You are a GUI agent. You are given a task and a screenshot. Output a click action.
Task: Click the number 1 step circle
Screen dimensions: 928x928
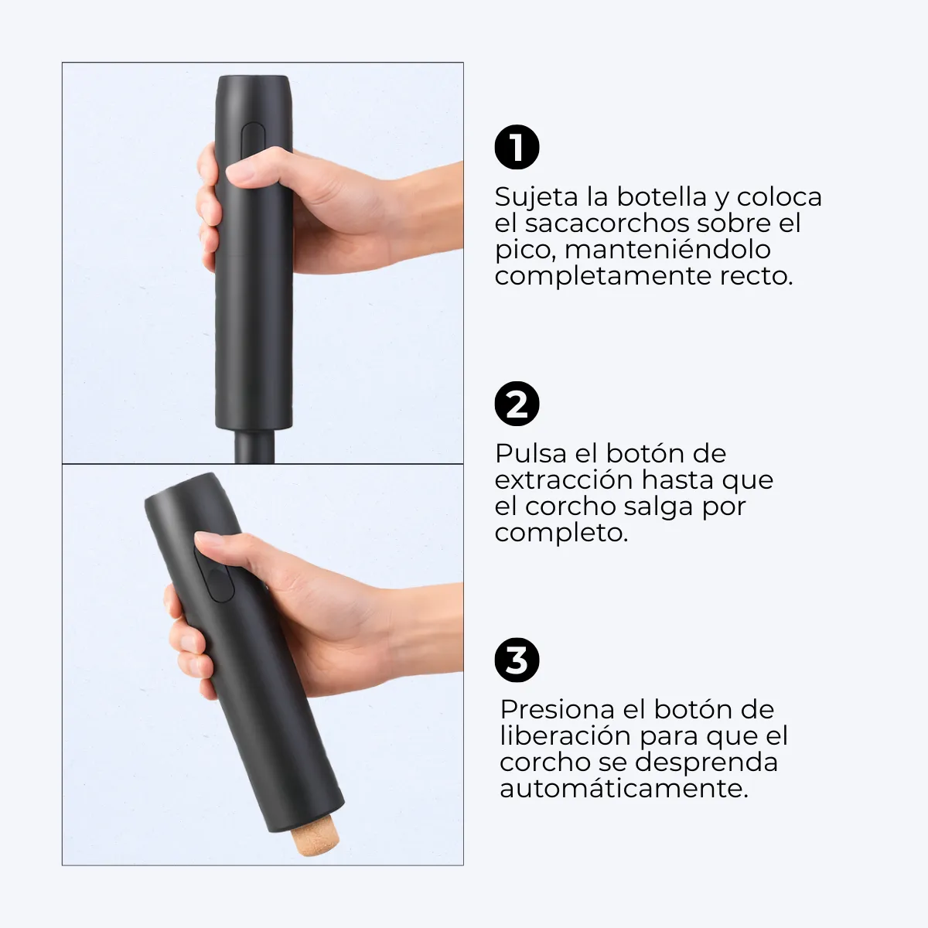517,147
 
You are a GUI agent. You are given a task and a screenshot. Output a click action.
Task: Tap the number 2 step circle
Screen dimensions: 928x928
517,404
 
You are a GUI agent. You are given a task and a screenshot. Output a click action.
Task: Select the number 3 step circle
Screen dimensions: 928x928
517,660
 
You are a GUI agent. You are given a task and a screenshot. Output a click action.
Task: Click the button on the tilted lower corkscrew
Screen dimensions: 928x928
215,575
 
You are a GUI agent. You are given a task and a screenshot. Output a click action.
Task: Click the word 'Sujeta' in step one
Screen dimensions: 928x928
537,197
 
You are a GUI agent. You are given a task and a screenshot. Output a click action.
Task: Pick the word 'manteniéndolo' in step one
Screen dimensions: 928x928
667,250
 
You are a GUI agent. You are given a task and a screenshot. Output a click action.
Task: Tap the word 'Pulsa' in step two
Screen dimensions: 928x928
531,454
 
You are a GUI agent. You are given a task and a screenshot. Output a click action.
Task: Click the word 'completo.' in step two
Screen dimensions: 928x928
561,534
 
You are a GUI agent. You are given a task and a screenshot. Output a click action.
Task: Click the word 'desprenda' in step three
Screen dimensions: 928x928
707,763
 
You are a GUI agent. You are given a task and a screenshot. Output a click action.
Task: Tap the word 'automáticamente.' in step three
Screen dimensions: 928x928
624,790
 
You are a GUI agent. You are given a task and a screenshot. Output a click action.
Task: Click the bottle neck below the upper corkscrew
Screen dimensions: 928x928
254,446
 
